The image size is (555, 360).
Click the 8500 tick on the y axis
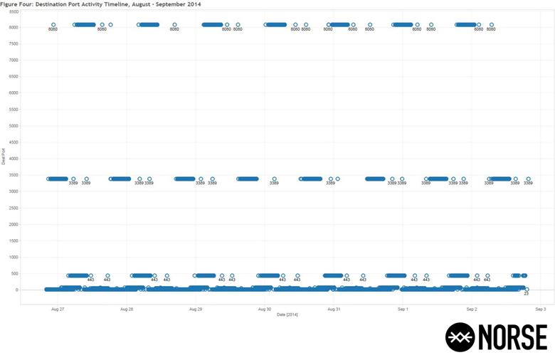pos(14,11)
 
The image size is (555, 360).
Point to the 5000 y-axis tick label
pos(14,126)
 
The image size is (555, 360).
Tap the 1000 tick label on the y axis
pos(14,258)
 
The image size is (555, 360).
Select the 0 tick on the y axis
pos(16,290)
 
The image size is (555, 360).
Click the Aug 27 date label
pos(58,309)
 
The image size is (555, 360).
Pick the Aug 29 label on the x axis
pos(196,309)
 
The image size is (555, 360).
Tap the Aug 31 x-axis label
pos(333,309)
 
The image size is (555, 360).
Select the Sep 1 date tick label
pos(402,309)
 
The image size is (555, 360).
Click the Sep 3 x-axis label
pos(540,309)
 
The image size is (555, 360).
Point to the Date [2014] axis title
pos(287,314)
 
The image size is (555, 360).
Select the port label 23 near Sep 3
pos(527,294)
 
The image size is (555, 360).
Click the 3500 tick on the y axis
pos(14,175)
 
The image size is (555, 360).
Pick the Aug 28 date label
pos(127,309)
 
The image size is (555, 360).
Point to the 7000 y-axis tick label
pos(14,60)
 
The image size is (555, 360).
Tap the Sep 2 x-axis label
pos(471,309)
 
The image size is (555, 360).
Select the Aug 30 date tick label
pos(264,309)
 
